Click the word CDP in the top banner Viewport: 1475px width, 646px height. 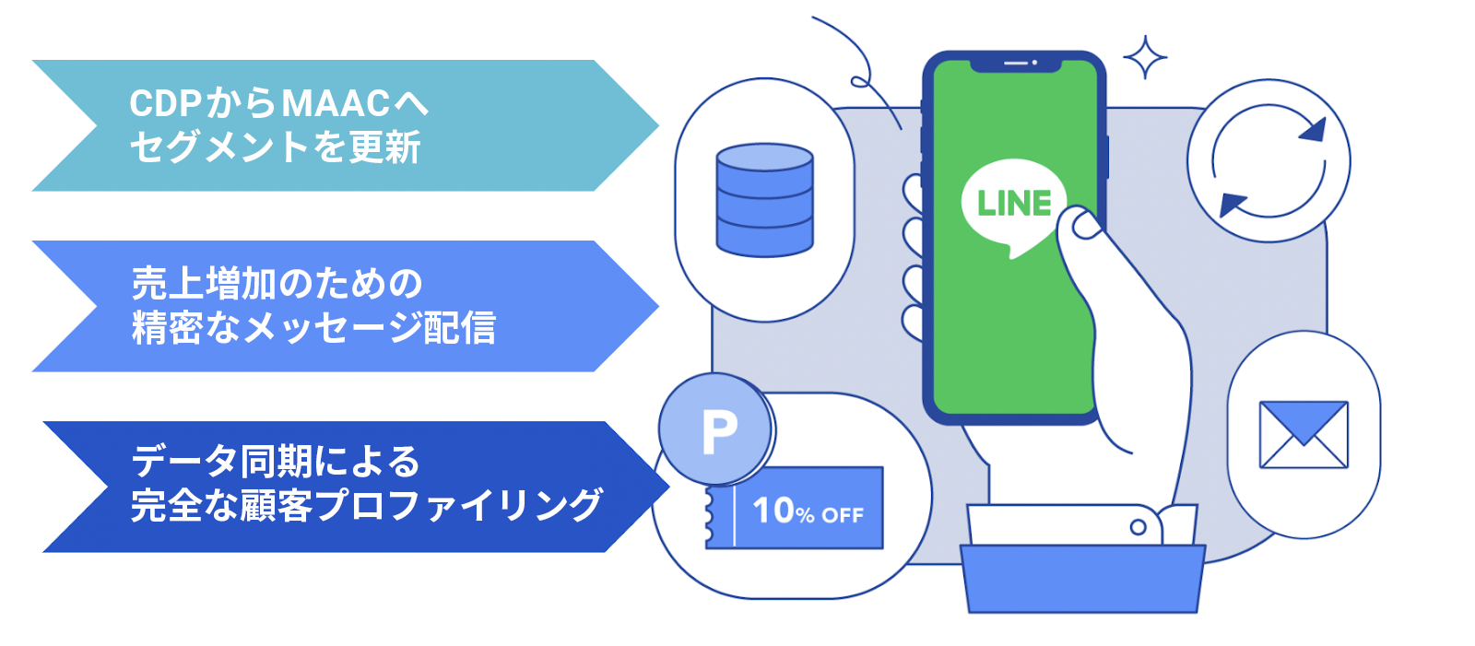(165, 103)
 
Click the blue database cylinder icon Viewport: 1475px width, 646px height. (764, 200)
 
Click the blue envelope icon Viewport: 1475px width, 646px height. (1304, 435)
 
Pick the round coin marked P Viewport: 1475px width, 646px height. (715, 429)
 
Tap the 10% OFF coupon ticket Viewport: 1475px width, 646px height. (794, 508)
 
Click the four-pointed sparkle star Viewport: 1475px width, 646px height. (1144, 57)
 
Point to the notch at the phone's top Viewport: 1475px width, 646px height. (1015, 65)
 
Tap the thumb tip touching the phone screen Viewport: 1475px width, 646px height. (1086, 227)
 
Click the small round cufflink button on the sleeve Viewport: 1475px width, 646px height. (1138, 527)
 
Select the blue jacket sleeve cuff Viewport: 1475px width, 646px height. (1082, 579)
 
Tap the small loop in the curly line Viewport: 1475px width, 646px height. (860, 82)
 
